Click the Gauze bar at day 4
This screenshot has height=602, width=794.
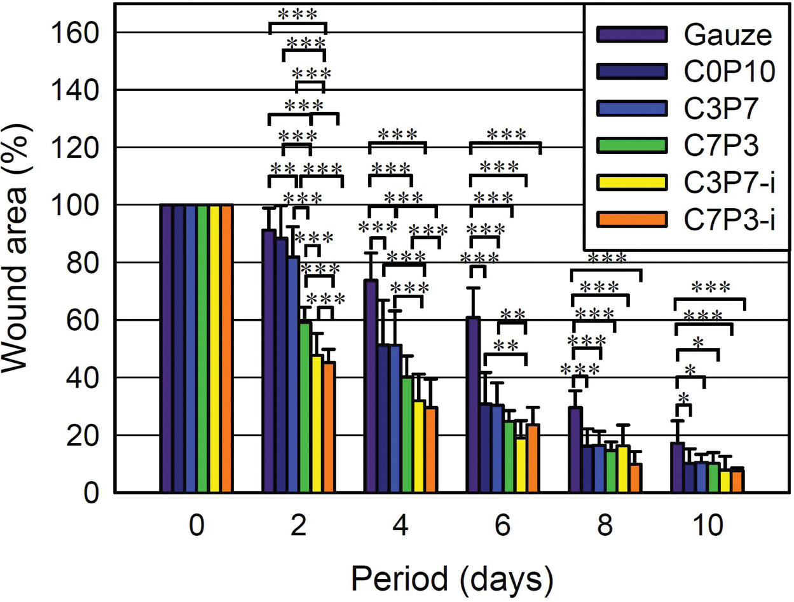pos(371,386)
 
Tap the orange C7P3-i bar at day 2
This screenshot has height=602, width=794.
pos(329,427)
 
